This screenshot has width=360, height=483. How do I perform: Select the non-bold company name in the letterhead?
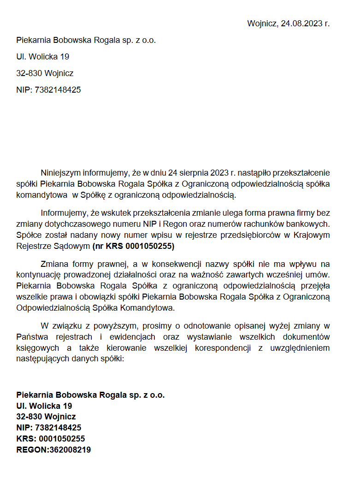tap(86, 40)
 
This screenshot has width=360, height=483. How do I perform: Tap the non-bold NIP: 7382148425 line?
tap(48, 90)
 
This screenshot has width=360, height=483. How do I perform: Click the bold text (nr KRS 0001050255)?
tap(133, 247)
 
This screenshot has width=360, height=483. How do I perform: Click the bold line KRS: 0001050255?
tap(50, 439)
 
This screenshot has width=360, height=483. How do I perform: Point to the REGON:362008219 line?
tap(53, 450)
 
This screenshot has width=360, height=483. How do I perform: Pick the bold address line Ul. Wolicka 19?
tap(44, 406)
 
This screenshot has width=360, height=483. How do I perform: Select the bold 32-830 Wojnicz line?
tap(46, 417)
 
